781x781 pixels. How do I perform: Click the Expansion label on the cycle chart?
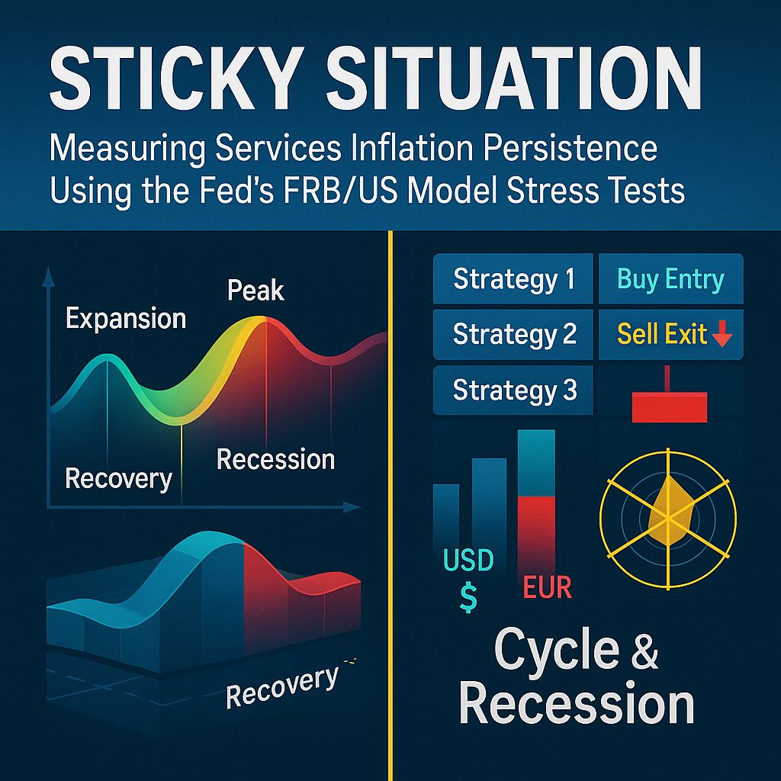126,318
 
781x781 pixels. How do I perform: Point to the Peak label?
256,291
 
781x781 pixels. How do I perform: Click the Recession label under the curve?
275,459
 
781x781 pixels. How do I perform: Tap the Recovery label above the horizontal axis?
118,478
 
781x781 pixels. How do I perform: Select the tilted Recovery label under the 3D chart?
282,685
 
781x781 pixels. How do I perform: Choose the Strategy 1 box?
513,278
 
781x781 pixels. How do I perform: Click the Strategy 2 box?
513,334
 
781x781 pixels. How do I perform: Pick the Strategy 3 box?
513,390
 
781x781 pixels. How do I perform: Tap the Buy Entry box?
670,278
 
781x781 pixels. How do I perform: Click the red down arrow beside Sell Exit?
721,336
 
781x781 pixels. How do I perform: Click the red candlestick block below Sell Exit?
670,404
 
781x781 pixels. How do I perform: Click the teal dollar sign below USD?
468,597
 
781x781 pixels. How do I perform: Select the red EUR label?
548,589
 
